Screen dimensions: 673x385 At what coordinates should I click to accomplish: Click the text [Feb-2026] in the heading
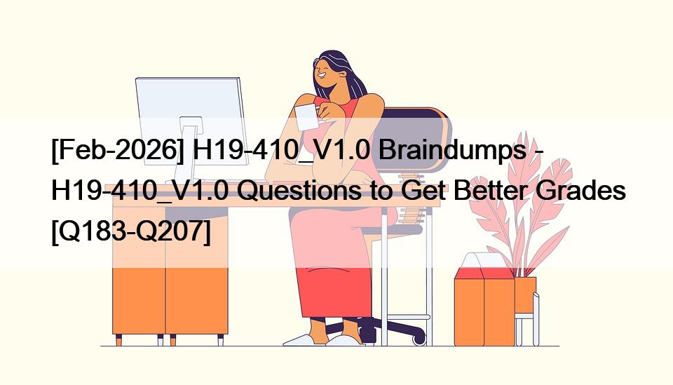[x=118, y=151]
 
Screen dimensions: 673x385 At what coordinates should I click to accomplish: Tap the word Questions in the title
[x=299, y=191]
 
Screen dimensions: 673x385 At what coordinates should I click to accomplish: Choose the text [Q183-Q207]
[x=131, y=232]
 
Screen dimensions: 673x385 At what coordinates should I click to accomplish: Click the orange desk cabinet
[x=170, y=275]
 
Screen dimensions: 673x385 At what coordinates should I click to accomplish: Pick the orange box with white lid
[x=484, y=300]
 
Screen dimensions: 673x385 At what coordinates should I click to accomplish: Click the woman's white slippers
[x=324, y=340]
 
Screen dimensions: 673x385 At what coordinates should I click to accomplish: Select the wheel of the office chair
[x=419, y=339]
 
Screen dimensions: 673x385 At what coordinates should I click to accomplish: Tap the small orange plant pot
[x=525, y=295]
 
